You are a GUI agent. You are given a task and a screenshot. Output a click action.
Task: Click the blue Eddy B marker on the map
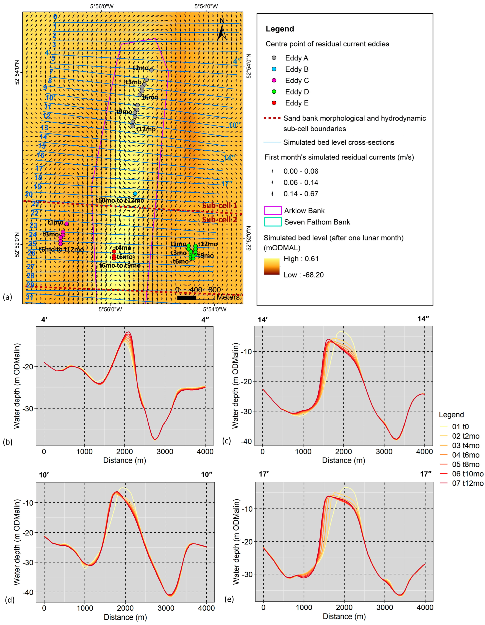tap(135, 194)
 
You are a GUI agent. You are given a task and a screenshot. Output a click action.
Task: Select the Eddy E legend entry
tap(297, 103)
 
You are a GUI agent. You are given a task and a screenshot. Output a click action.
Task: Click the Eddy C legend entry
tap(297, 81)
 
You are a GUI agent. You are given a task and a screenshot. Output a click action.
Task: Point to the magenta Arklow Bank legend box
tap(273, 211)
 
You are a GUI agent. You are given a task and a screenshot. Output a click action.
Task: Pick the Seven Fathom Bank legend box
tap(273, 222)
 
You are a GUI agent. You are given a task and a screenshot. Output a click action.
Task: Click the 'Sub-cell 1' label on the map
tap(220, 206)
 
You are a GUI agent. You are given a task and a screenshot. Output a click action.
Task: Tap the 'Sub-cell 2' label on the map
tap(220, 220)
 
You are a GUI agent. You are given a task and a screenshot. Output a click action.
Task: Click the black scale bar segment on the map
tap(186, 298)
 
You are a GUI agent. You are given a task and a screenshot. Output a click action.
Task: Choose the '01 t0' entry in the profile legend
tap(460, 427)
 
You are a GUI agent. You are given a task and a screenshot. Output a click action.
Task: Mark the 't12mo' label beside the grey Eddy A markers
tap(146, 129)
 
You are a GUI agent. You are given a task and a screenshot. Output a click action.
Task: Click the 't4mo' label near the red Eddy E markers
tap(123, 248)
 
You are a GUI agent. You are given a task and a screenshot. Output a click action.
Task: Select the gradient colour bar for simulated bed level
tap(272, 266)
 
